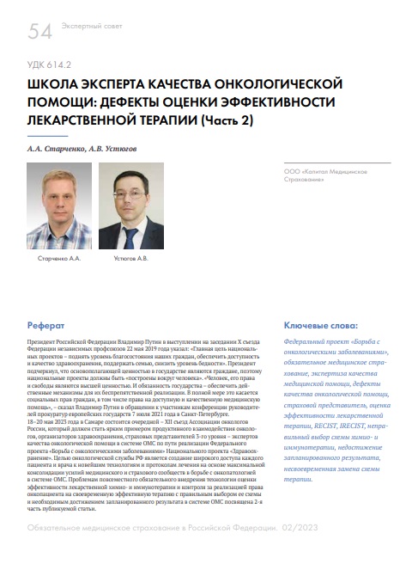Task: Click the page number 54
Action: click(40, 32)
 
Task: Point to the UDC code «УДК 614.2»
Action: click(51, 64)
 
